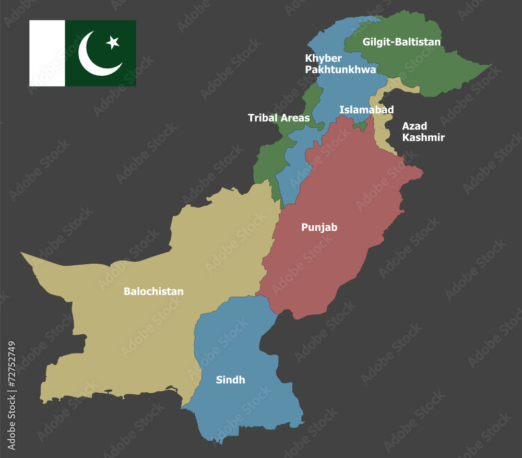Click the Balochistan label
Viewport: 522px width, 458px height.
pos(153,291)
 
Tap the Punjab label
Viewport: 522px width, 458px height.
pos(319,227)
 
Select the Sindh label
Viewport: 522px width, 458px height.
pos(230,380)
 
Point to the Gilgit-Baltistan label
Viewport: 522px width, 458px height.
pos(401,42)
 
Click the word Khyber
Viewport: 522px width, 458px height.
pos(323,58)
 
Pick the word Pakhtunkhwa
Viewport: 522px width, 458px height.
pos(340,69)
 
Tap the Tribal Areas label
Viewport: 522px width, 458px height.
pos(278,118)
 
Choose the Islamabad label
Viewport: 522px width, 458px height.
pos(366,110)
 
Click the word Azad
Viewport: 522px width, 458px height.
pos(414,126)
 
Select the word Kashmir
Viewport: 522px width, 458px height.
pos(423,138)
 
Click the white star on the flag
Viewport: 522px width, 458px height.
pos(113,42)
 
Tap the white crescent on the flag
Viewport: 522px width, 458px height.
pos(94,57)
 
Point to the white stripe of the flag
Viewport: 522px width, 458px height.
pos(47,53)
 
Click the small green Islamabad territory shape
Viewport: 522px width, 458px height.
pos(360,126)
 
